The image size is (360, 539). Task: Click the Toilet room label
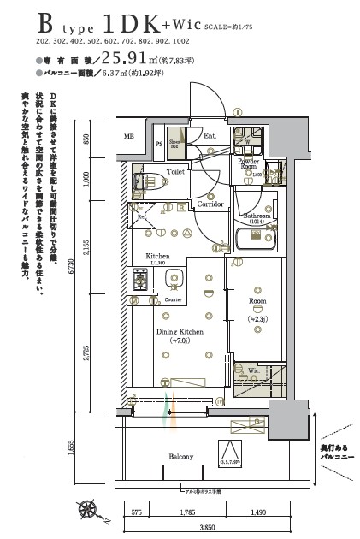coord(175,172)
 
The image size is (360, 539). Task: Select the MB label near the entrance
coord(129,136)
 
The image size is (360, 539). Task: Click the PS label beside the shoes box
coord(158,144)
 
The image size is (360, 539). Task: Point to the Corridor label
coord(210,204)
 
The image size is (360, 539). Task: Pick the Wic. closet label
coord(253,371)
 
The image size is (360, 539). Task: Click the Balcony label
coord(180,456)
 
